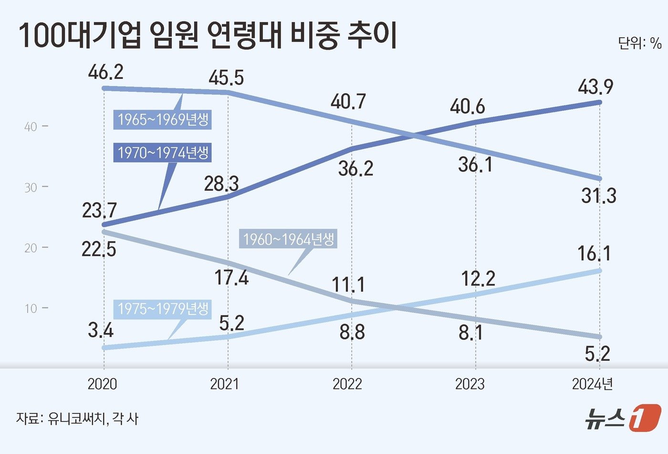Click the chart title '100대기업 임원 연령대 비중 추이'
208,37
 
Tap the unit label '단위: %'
639,43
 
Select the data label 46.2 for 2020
105,72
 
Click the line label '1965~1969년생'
163,119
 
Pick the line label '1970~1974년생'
163,153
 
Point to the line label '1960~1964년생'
289,239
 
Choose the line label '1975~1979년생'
163,309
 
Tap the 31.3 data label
598,196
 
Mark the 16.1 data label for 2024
594,254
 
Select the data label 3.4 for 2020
101,330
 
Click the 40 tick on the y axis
31,127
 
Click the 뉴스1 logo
623,417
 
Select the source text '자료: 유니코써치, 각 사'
77,419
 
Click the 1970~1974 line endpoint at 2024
599,102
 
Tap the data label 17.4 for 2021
231,277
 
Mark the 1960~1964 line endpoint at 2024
599,337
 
